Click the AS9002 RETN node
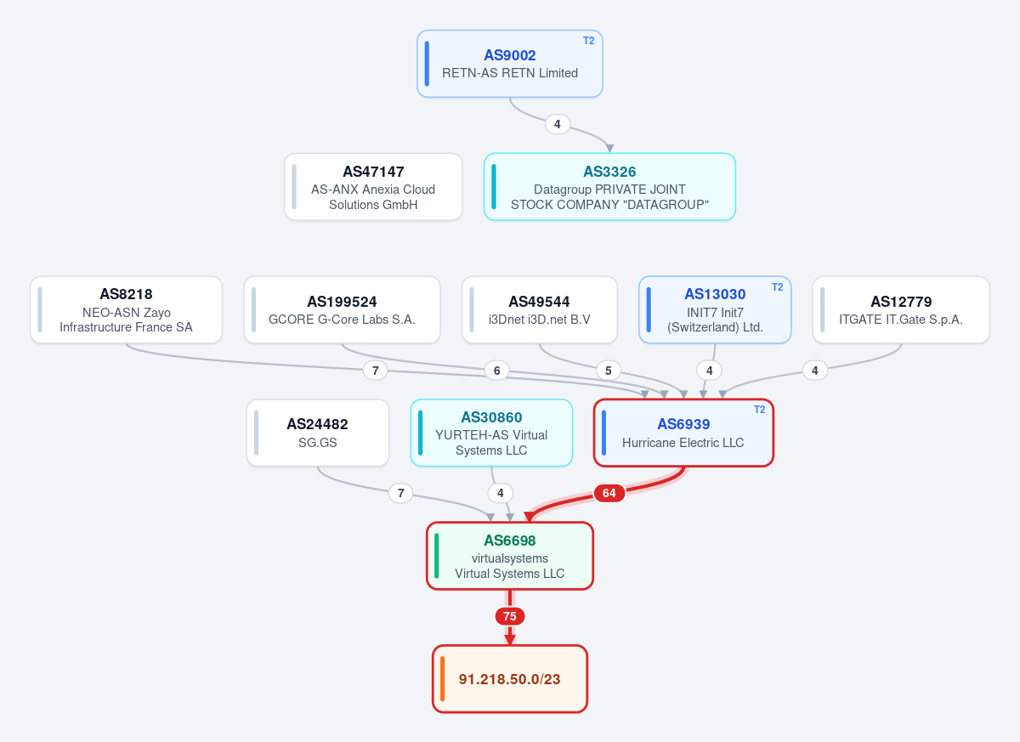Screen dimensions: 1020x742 (509, 64)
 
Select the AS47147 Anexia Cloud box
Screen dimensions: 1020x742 (373, 187)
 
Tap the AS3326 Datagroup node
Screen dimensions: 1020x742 (609, 187)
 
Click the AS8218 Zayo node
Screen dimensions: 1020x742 (126, 309)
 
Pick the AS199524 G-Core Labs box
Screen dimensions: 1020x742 (342, 309)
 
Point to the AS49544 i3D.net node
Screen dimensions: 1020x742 (540, 309)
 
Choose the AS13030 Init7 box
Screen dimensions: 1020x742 (715, 309)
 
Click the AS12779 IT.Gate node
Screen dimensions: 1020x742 (901, 309)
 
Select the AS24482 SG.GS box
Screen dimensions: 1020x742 (318, 433)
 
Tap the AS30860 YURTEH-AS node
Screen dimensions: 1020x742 (491, 433)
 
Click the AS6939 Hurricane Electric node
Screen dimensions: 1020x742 (683, 433)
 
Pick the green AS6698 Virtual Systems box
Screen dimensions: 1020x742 (509, 556)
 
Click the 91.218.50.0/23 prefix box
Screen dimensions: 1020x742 (509, 679)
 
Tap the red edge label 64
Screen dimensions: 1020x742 (609, 493)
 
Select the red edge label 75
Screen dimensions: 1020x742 (509, 616)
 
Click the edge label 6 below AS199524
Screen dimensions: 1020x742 (496, 371)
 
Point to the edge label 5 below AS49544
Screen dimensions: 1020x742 (609, 371)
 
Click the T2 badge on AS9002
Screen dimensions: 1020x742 (588, 41)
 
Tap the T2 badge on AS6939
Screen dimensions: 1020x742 (759, 409)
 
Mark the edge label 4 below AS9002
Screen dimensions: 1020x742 (558, 124)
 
